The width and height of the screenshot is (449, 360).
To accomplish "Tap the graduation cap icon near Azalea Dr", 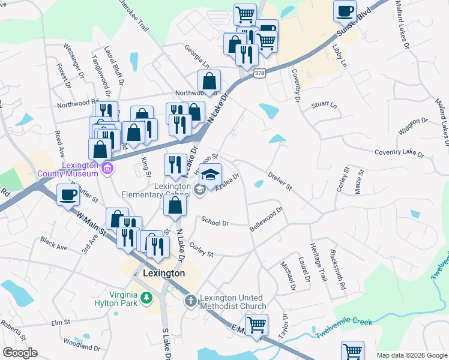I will (210, 175).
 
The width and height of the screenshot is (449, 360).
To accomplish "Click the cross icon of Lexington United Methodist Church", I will (190, 301).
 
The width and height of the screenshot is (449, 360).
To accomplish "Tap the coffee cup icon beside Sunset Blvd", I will (345, 11).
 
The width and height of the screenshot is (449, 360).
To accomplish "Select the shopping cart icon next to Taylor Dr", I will (257, 325).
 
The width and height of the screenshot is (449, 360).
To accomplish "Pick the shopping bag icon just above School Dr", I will (174, 205).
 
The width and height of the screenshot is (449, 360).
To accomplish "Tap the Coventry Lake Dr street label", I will (399, 153).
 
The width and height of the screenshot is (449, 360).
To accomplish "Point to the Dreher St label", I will (280, 182).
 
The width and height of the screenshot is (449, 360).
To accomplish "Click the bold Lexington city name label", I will (164, 273).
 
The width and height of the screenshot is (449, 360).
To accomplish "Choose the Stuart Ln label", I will (324, 105).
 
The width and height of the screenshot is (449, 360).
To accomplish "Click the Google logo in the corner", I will (20, 353).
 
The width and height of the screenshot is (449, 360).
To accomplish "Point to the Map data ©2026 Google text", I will (411, 355).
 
